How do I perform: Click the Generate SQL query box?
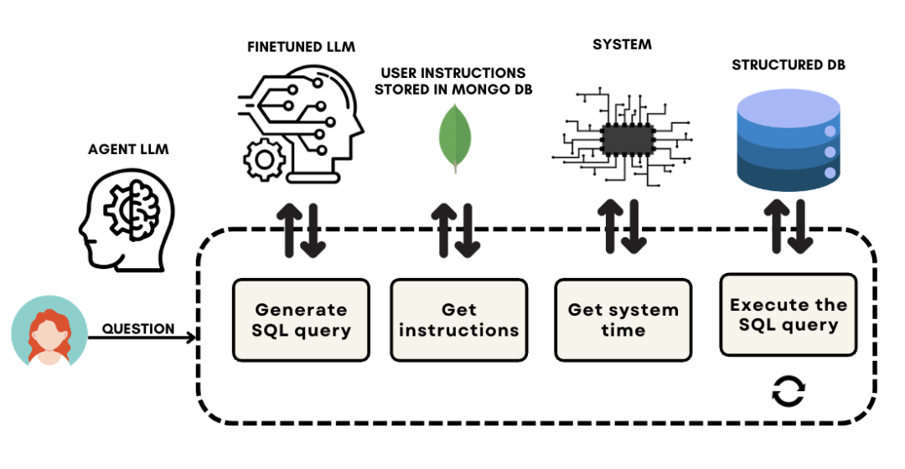[302, 320]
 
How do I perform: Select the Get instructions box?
[459, 320]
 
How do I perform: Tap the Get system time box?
[623, 320]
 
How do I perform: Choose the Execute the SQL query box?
[789, 314]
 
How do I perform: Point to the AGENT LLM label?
[128, 150]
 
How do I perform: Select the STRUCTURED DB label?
[789, 64]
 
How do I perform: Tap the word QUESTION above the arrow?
[138, 329]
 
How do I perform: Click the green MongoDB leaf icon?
[455, 137]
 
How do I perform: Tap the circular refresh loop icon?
[789, 390]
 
